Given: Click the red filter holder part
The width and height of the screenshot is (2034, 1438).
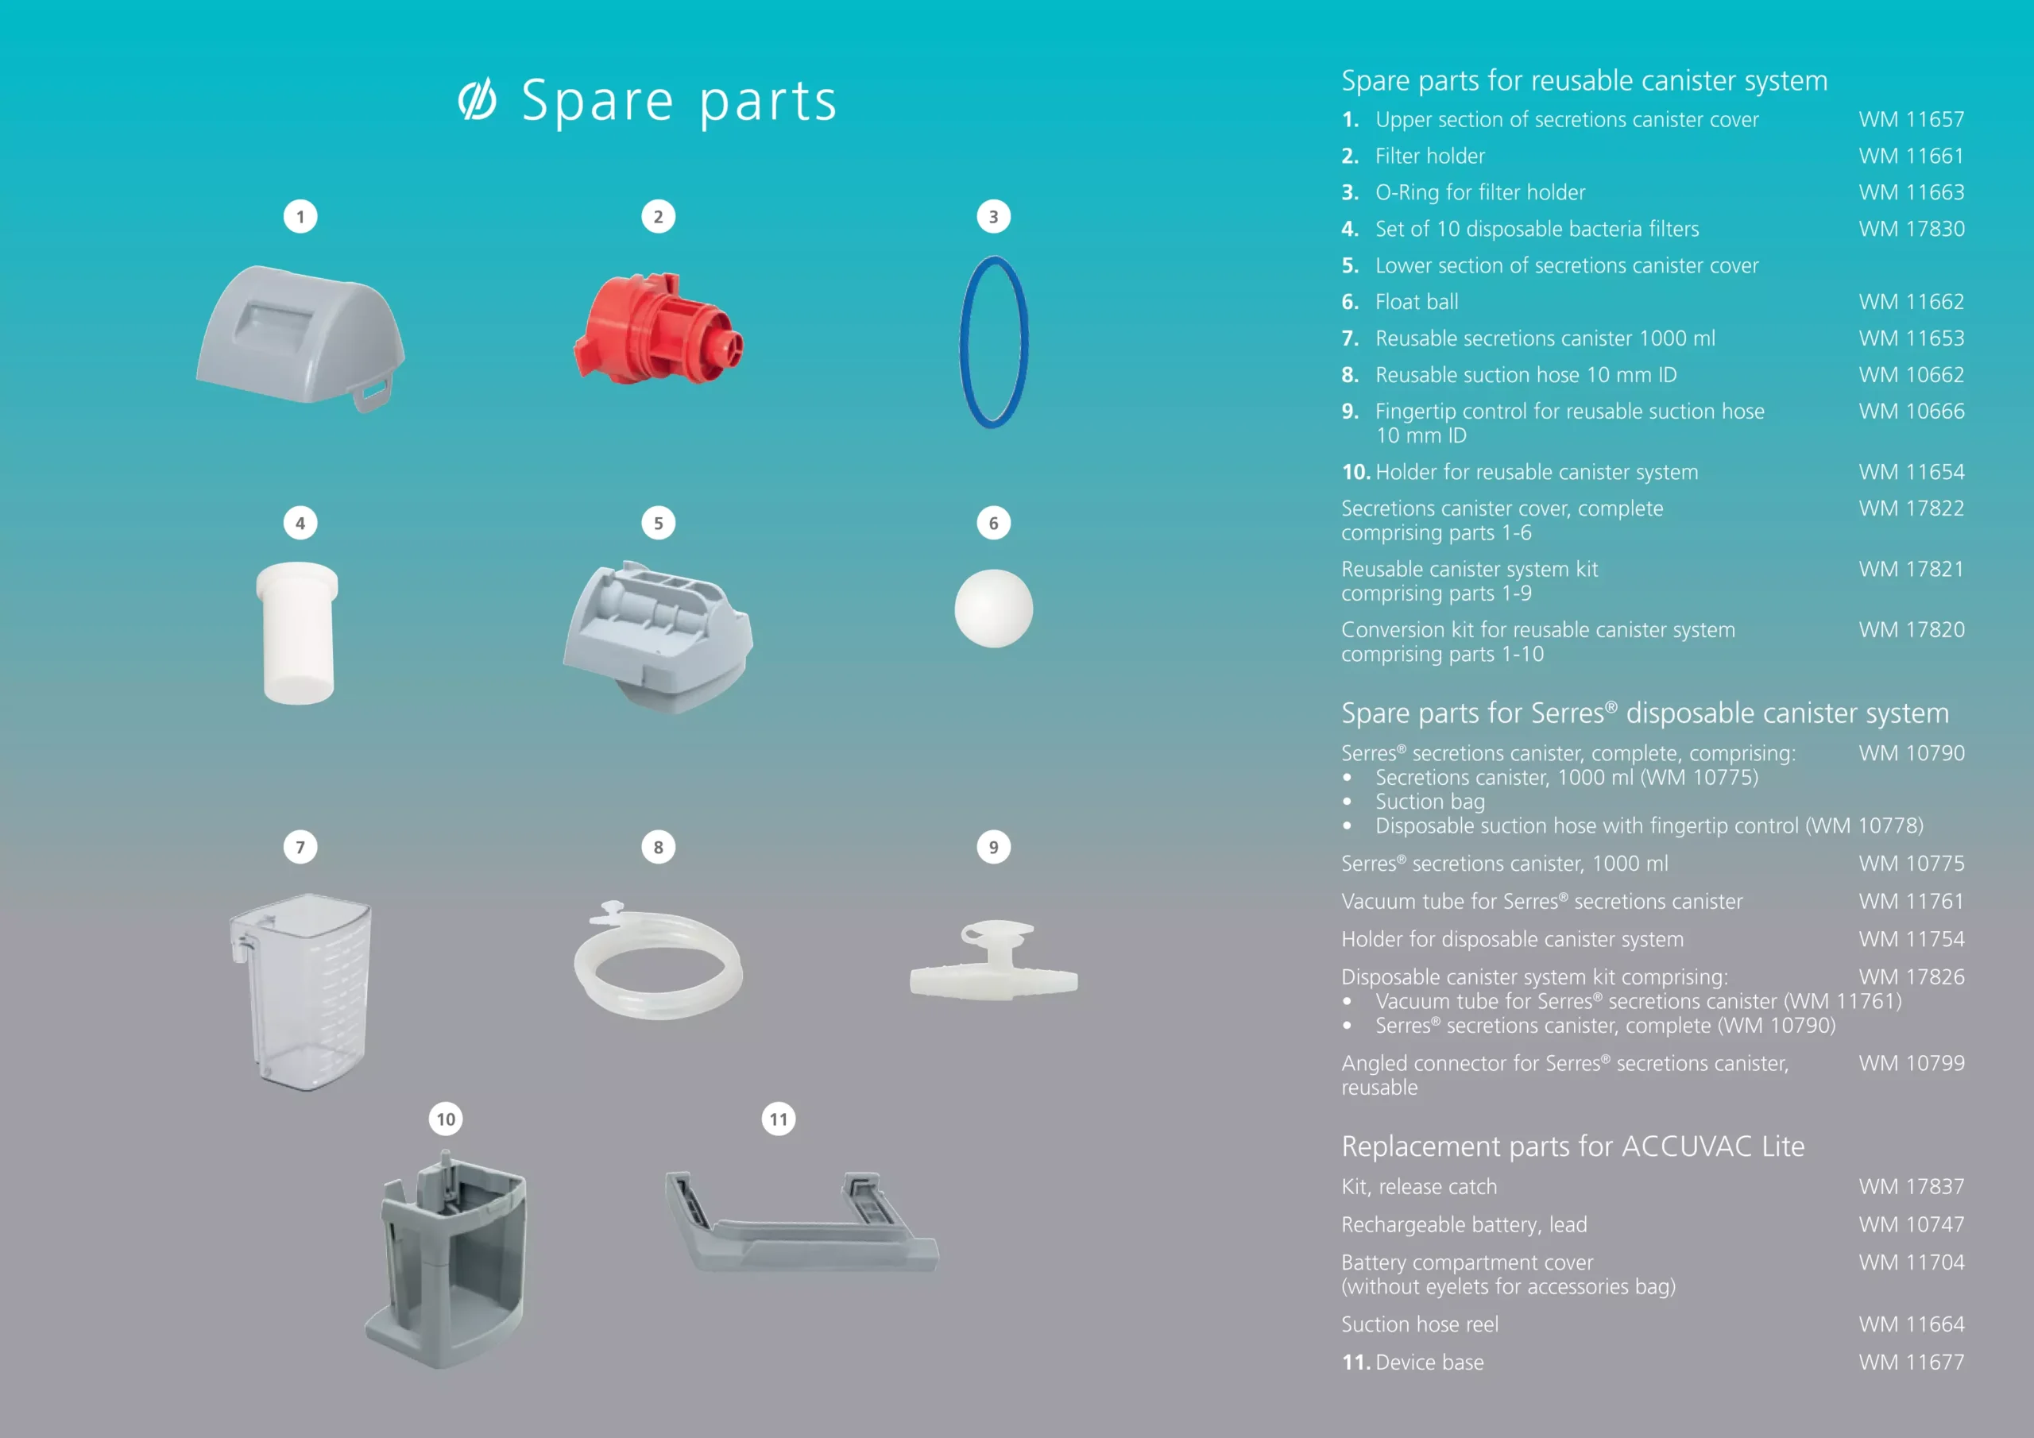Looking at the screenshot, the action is [x=657, y=328].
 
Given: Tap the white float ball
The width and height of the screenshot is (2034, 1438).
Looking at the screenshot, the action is [x=993, y=608].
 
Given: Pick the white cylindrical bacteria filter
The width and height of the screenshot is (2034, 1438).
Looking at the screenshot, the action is [x=298, y=632].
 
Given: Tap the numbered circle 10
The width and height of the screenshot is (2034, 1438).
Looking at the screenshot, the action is [x=446, y=1119].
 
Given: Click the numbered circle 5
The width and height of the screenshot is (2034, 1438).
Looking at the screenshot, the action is [x=657, y=523].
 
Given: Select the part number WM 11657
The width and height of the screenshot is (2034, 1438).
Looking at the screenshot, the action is [x=1911, y=120].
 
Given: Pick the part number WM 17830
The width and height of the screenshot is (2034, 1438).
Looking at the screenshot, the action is [x=1911, y=229].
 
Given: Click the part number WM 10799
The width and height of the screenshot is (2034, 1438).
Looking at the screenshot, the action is [x=1911, y=1063].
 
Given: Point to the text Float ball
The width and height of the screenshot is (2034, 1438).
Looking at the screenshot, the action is [x=1417, y=302].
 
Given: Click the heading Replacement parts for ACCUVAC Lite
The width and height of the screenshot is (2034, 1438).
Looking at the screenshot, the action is [x=1572, y=1146].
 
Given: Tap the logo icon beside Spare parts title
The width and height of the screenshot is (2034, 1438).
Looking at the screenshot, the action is [x=477, y=99].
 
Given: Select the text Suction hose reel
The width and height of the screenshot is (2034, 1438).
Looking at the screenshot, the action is [x=1419, y=1324].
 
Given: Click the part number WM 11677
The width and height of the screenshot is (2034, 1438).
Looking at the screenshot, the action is [x=1911, y=1362].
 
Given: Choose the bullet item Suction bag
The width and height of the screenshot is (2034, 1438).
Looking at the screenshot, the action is [x=1430, y=802].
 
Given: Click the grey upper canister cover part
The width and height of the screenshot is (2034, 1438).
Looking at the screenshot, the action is [x=300, y=337].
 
